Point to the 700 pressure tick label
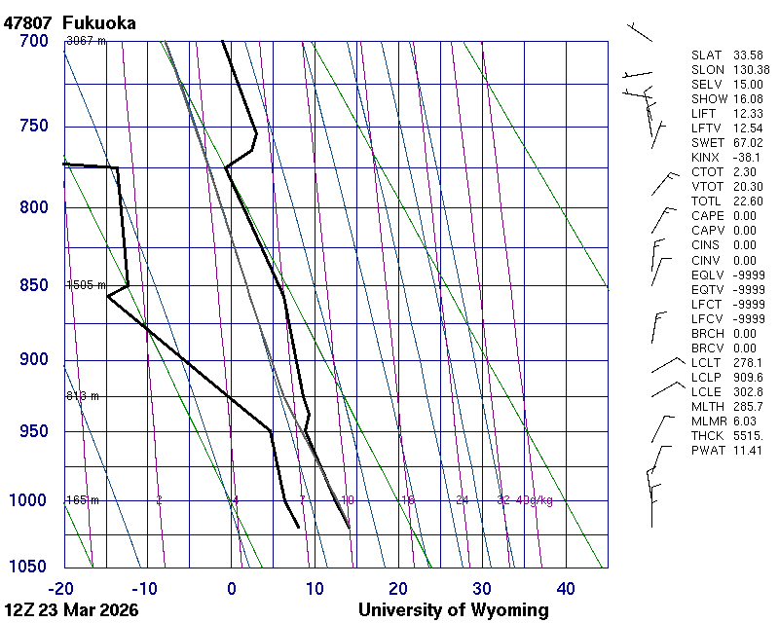[33, 41]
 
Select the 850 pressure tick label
[33, 285]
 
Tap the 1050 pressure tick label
[28, 567]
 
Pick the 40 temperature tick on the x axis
[566, 588]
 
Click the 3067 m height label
[86, 41]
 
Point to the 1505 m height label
[86, 285]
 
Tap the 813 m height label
[83, 396]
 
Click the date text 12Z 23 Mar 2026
[71, 610]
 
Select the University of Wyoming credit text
[453, 610]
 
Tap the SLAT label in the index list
[707, 55]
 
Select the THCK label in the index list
[709, 435]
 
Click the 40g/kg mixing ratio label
[535, 500]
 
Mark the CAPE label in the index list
[709, 216]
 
